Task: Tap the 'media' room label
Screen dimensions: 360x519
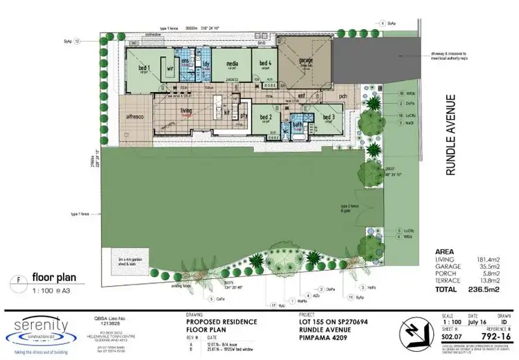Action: pos(233,63)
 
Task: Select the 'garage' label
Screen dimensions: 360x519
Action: pos(305,60)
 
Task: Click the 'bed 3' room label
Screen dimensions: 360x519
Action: pos(327,117)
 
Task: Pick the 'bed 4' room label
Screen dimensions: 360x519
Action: pos(264,63)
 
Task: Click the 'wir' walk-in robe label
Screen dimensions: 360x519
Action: pos(168,68)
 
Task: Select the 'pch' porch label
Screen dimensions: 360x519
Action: pos(342,96)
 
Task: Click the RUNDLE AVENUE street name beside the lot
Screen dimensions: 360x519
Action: pos(450,135)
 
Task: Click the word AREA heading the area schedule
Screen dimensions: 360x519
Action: pos(444,251)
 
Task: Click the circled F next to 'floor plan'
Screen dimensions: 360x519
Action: pos(17,280)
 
